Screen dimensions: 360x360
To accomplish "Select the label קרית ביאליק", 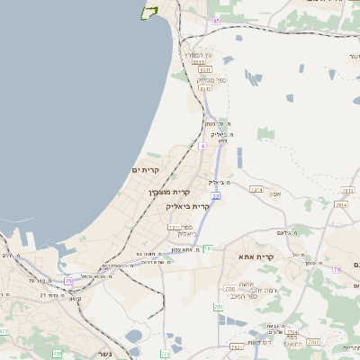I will click(x=188, y=206).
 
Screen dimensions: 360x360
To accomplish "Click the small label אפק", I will click(x=275, y=193).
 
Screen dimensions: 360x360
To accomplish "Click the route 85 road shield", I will click(x=216, y=20).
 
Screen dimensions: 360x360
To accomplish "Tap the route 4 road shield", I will click(x=202, y=145).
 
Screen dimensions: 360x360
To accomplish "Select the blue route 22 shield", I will click(x=216, y=195).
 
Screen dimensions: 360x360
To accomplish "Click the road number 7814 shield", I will click(x=341, y=204).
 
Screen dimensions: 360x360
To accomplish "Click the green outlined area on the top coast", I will click(x=148, y=12).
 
